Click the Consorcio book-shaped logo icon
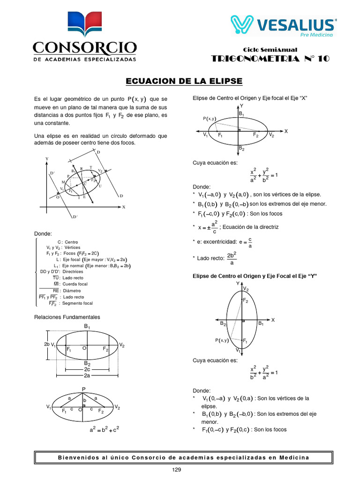coord(84,25)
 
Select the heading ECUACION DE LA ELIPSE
coord(184,81)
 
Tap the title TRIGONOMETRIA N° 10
coord(270,59)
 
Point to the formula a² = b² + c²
coord(104,428)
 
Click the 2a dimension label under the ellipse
coord(87,375)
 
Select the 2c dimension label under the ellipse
coord(87,369)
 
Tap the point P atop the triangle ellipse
coord(84,389)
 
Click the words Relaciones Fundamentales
coord(67,317)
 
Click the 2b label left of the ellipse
coord(47,344)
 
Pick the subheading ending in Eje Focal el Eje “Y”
coord(255,277)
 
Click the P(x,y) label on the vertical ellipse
coord(222,340)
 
